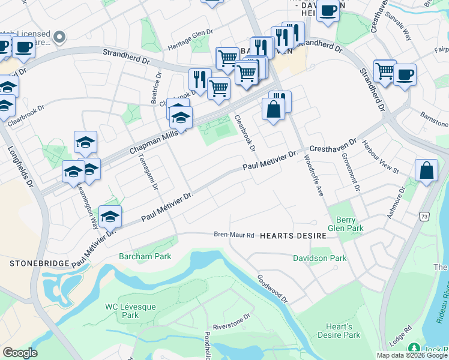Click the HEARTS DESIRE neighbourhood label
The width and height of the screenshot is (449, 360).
293,236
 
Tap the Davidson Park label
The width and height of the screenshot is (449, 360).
319,259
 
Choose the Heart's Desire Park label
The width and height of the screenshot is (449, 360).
339,331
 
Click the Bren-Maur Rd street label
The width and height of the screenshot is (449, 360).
235,235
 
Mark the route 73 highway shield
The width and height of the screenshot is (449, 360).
424,216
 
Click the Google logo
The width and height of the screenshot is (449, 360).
20,353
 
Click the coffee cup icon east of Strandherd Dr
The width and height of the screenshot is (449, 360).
405,75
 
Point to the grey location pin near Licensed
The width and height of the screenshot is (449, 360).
59,38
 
